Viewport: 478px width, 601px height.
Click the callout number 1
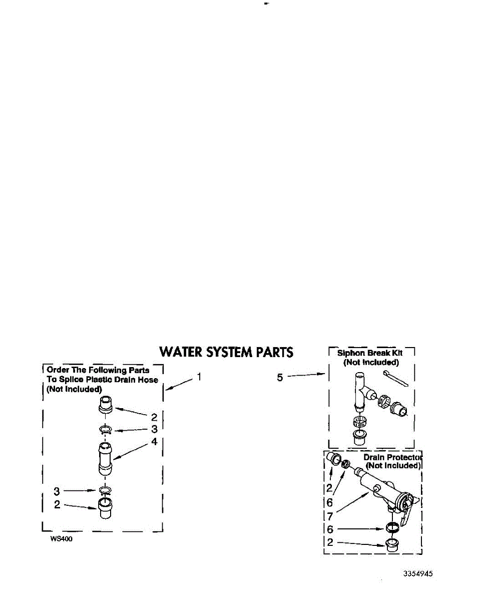click(x=199, y=377)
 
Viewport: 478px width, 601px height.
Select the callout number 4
click(x=154, y=442)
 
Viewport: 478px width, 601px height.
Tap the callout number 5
click(x=280, y=378)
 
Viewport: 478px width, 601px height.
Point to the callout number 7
click(x=329, y=515)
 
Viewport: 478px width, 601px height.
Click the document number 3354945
click(x=418, y=573)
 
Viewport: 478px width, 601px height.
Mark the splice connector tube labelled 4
click(x=105, y=458)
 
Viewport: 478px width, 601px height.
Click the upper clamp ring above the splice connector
click(x=105, y=429)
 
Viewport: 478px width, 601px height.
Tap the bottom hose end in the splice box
click(x=105, y=508)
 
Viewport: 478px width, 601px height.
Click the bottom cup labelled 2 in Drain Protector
click(x=391, y=544)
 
